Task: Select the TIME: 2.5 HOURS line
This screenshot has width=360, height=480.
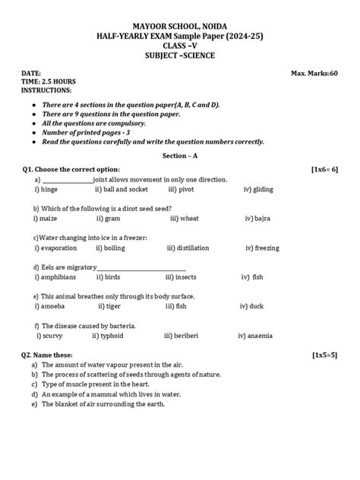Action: tap(48, 81)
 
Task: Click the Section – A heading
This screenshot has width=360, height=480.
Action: tap(180, 154)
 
